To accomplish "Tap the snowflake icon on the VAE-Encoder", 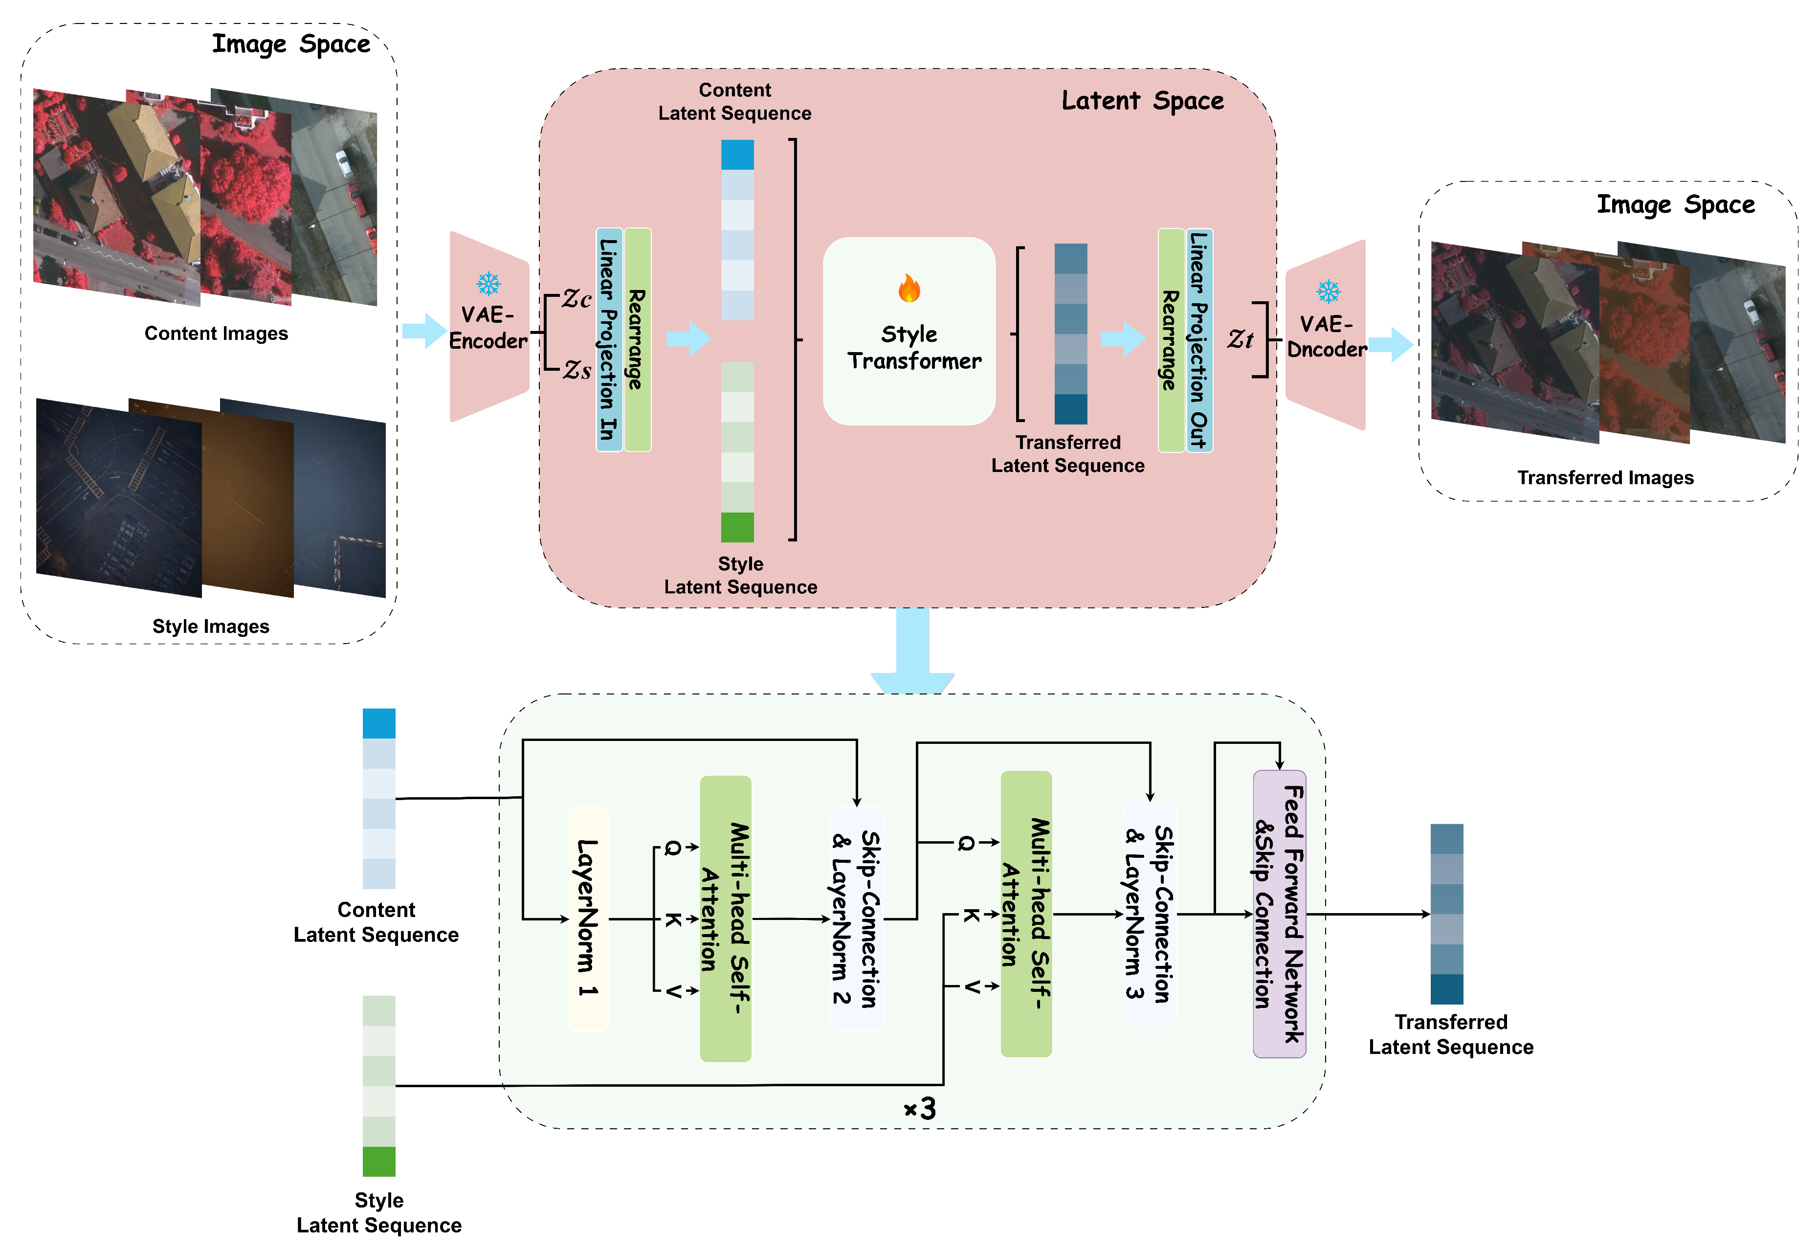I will click(x=489, y=284).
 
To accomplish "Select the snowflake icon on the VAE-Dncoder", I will click(x=1328, y=292).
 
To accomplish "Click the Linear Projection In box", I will click(x=609, y=339).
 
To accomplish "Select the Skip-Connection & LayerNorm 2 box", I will click(x=856, y=918).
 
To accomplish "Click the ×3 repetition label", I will click(x=920, y=1109).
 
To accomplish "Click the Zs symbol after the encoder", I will click(x=577, y=369).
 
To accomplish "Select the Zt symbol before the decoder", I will click(x=1240, y=338).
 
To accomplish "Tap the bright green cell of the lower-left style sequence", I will click(x=378, y=1161).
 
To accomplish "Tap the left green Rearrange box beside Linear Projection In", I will click(x=638, y=339).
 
